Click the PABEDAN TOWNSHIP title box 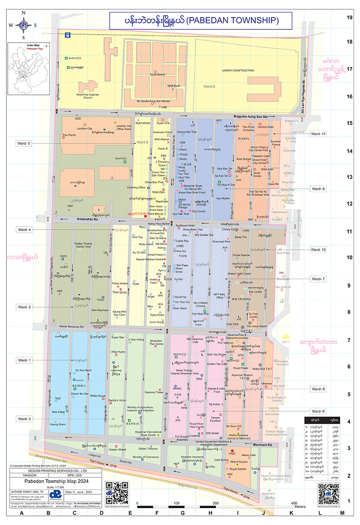point(194,20)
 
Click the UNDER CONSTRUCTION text point(238,71)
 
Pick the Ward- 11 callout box point(317,134)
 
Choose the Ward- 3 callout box point(24,419)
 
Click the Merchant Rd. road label point(263,445)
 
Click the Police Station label point(120,284)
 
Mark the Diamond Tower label point(154,392)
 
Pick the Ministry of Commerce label point(145,457)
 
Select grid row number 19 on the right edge point(349,18)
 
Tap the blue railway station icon point(67,34)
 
